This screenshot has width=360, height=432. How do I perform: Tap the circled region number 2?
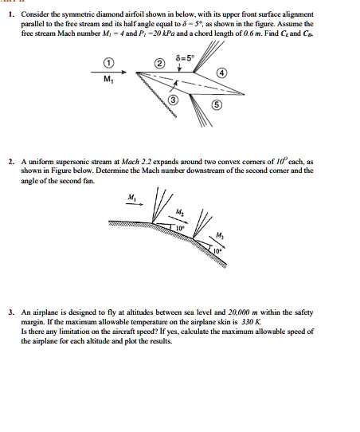158,63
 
